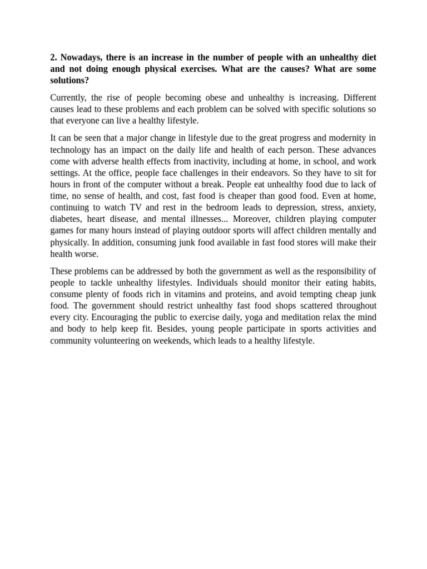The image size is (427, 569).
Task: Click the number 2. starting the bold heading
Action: pos(54,57)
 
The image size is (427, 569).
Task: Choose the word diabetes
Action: pos(66,219)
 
